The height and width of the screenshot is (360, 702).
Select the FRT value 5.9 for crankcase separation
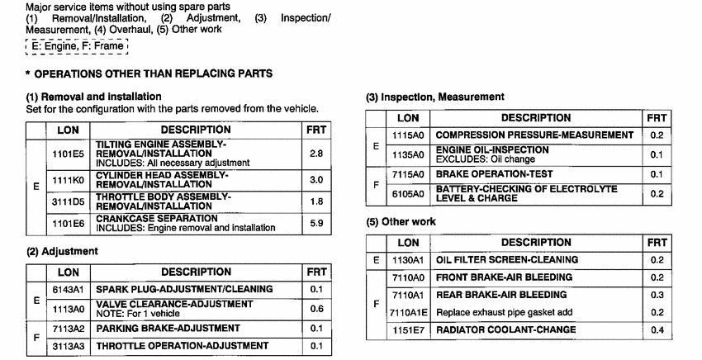(316, 222)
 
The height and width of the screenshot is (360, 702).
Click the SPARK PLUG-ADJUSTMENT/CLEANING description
(184, 289)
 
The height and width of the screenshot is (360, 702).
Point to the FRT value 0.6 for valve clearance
(316, 309)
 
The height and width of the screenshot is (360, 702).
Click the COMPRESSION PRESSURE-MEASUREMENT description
(534, 135)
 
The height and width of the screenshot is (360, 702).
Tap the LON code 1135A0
(406, 154)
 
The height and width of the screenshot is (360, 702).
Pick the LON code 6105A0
(406, 193)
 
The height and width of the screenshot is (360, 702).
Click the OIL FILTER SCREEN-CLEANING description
(506, 259)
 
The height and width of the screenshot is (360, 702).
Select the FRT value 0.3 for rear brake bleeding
(657, 295)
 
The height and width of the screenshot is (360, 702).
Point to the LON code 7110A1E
(408, 313)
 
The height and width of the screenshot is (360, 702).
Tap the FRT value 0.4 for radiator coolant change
(657, 330)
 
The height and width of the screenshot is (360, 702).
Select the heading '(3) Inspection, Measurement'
(434, 97)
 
